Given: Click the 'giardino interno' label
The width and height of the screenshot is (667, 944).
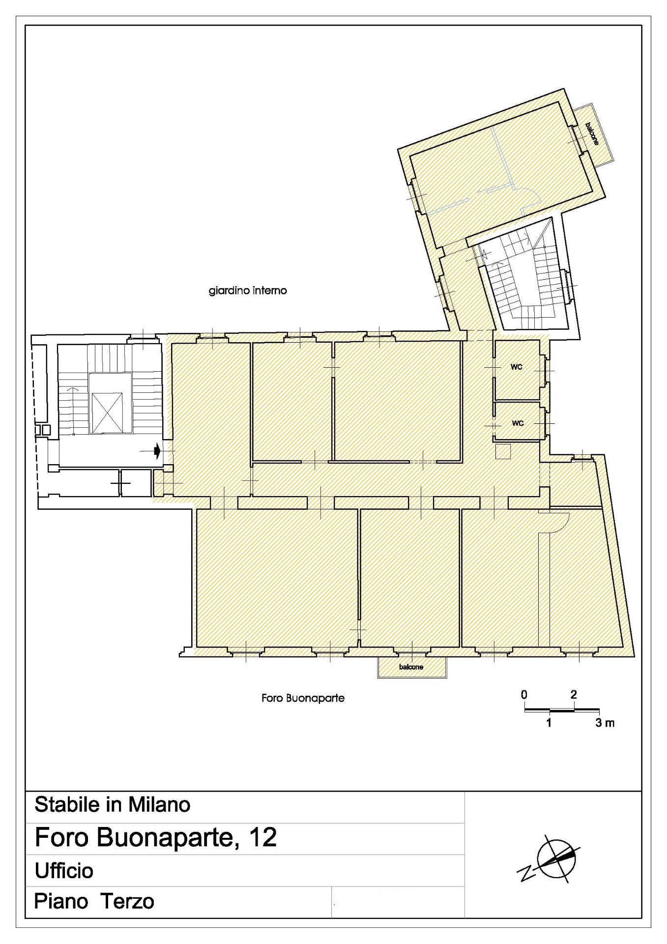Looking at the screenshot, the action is point(248,291).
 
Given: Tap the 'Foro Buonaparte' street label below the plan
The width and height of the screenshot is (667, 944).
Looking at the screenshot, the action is point(303,698).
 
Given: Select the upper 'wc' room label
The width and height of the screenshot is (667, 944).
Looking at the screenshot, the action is point(516,367).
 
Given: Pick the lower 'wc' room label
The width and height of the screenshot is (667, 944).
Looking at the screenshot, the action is point(518,423).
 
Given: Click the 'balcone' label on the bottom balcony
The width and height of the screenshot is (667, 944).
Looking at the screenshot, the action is point(411,667).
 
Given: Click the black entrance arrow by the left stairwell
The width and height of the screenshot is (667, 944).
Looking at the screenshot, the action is point(156,450).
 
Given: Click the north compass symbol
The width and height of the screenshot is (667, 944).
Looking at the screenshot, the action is point(551,860).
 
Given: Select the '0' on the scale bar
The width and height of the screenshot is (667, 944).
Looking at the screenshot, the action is point(524,695).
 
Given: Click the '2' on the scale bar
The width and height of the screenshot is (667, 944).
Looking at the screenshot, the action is point(574,695).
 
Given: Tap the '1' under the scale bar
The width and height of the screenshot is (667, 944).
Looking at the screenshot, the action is point(549,723).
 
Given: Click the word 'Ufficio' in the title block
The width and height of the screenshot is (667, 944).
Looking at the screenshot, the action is point(64,871).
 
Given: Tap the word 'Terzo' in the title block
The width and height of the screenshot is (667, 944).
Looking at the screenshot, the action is point(128,902).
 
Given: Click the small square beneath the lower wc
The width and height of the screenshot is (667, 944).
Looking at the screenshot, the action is point(503,451).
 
